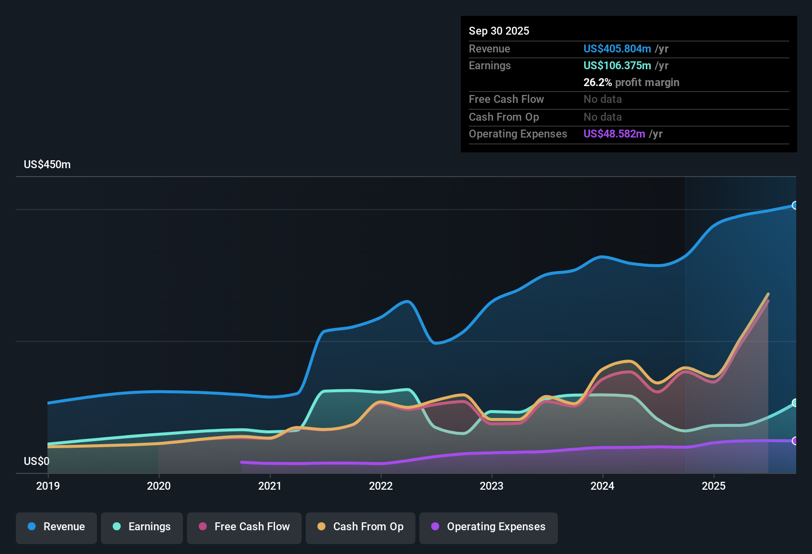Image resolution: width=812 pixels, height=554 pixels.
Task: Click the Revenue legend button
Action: tap(56, 527)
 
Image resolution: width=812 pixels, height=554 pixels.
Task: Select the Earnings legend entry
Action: tap(142, 527)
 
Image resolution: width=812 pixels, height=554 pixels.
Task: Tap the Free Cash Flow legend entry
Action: tap(244, 527)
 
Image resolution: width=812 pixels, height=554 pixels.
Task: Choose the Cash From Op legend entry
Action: tap(361, 527)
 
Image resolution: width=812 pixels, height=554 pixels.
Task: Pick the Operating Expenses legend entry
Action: tap(489, 527)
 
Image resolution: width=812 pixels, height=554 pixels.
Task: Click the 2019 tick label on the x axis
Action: tap(48, 486)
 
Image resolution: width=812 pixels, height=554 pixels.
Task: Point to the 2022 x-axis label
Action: tap(381, 486)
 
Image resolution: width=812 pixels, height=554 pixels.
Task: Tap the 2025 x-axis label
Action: tap(714, 486)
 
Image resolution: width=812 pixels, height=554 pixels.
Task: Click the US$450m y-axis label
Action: tap(47, 165)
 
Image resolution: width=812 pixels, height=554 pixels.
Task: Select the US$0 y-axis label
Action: tap(37, 462)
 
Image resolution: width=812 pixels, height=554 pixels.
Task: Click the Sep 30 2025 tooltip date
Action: tap(499, 31)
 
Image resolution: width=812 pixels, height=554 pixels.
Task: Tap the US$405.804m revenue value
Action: tap(617, 49)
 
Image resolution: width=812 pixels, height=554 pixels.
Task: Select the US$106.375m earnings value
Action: tap(617, 66)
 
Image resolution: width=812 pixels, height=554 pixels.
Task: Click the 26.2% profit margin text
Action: tap(631, 83)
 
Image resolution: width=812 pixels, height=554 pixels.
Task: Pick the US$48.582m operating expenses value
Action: tap(614, 134)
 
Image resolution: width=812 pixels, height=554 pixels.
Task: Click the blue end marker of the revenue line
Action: tap(795, 205)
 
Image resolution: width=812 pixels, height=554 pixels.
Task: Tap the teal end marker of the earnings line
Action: tap(795, 403)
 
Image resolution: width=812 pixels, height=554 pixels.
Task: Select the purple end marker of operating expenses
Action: tap(795, 441)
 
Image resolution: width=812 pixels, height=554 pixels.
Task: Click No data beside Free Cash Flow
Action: tap(602, 99)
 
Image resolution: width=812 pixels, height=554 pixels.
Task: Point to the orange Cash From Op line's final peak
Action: tap(768, 294)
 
